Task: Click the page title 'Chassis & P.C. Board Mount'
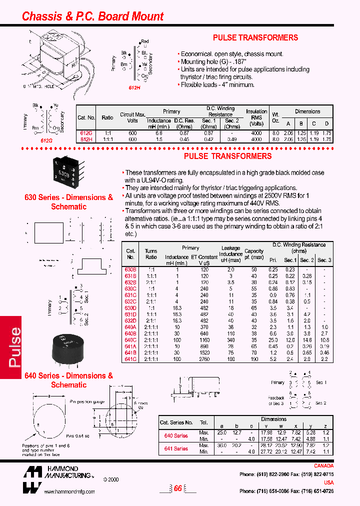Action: [x=92, y=16]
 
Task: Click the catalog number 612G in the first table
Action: [x=86, y=133]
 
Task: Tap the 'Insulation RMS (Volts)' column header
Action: [x=256, y=117]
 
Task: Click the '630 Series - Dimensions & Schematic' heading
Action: [x=69, y=202]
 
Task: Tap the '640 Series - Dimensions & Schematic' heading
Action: [x=69, y=380]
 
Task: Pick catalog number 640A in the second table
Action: [x=130, y=326]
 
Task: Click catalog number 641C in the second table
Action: [x=130, y=359]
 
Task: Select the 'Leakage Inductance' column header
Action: [x=231, y=254]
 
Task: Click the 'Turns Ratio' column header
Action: [x=151, y=254]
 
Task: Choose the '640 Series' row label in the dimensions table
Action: [x=176, y=435]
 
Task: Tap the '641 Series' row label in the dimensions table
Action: [x=176, y=448]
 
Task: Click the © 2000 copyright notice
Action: [x=111, y=478]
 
